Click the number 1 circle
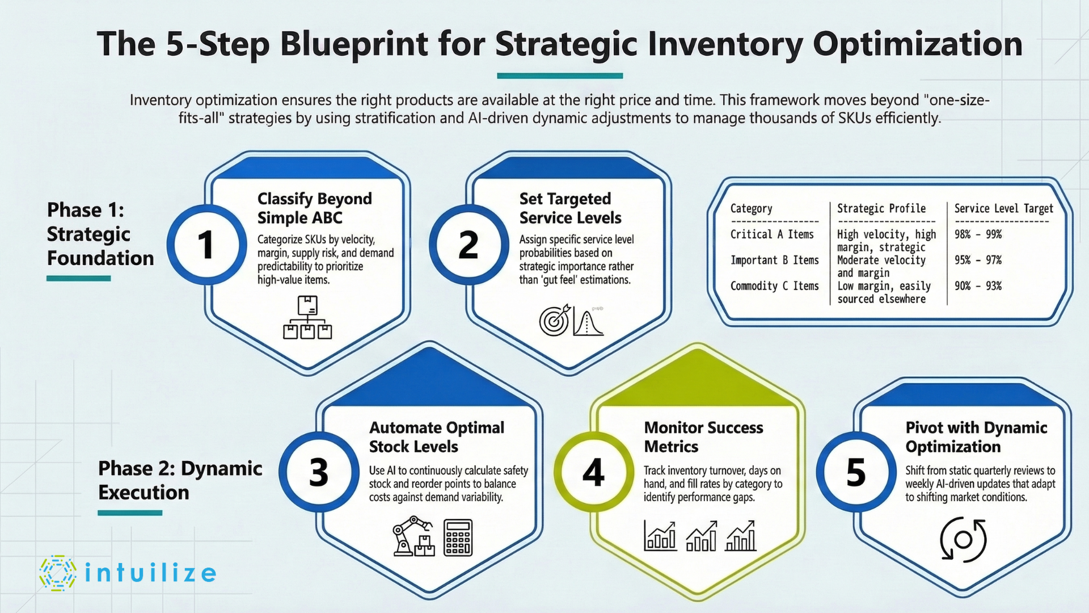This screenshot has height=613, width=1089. pyautogui.click(x=206, y=245)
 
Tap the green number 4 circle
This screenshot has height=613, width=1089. pyautogui.click(x=593, y=472)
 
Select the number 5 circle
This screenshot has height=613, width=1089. pyautogui.click(x=855, y=472)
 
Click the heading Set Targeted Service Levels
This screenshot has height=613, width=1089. pyautogui.click(x=570, y=208)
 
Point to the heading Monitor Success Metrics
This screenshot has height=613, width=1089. pyautogui.click(x=703, y=436)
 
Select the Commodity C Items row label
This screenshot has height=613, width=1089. pyautogui.click(x=774, y=286)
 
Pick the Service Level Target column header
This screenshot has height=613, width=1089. pyautogui.click(x=1003, y=208)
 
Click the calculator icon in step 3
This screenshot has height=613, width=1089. pyautogui.click(x=458, y=538)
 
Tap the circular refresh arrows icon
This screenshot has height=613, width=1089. pyautogui.click(x=963, y=539)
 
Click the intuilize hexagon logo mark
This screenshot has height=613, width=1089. pyautogui.click(x=57, y=573)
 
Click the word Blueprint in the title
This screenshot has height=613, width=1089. pyautogui.click(x=354, y=44)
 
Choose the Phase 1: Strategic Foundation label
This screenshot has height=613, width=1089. pyautogui.click(x=100, y=234)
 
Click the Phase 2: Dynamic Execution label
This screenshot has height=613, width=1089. pyautogui.click(x=180, y=480)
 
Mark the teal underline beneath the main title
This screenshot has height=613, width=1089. pyautogui.click(x=560, y=75)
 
